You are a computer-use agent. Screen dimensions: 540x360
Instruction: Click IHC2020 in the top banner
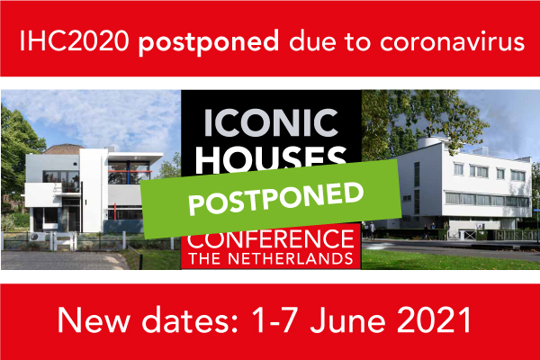click(x=74, y=41)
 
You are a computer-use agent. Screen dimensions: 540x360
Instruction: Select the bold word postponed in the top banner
click(x=209, y=42)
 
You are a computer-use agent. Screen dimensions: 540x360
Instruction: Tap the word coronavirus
click(x=452, y=41)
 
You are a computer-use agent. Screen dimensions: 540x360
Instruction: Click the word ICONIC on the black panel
click(x=271, y=123)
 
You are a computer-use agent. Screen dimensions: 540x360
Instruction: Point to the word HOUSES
click(x=271, y=159)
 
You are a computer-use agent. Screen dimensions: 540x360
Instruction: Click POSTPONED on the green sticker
click(x=276, y=199)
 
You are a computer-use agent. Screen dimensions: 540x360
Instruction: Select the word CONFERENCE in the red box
click(x=271, y=239)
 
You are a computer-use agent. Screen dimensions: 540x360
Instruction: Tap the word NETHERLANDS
click(x=291, y=259)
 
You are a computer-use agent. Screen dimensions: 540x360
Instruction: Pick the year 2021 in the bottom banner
click(x=434, y=319)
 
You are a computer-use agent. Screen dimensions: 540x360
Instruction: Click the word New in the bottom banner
click(x=94, y=319)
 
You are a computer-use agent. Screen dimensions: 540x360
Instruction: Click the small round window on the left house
click(x=76, y=165)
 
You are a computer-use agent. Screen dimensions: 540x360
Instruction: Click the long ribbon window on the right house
click(x=486, y=200)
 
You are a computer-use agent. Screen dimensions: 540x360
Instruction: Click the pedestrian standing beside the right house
click(x=372, y=230)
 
